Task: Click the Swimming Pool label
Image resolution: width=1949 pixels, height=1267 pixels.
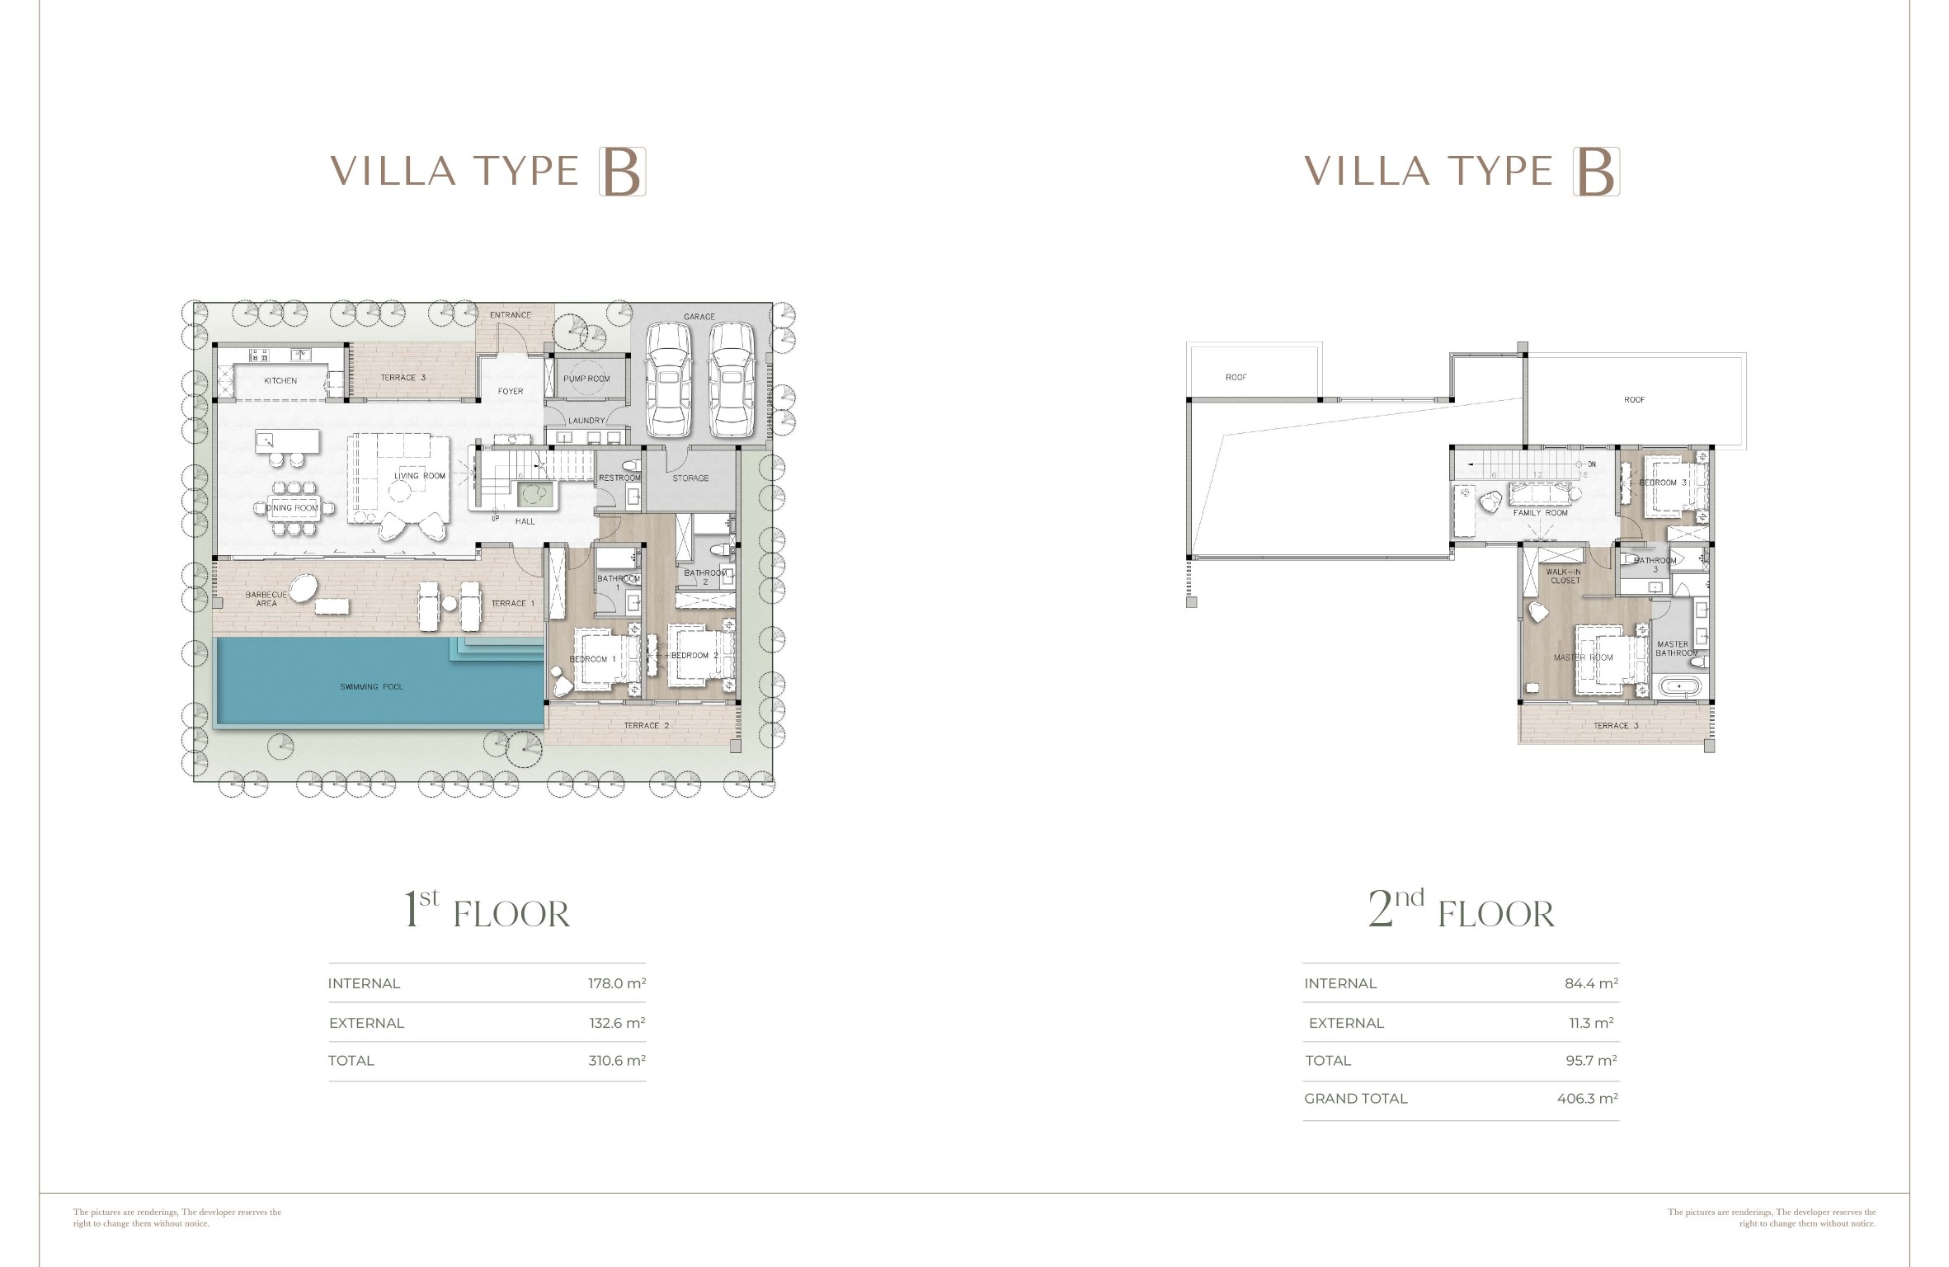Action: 371,687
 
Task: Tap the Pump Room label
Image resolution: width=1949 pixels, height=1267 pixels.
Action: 586,379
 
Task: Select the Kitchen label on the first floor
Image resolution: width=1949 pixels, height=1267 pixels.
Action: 280,381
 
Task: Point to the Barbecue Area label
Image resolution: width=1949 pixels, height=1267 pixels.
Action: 266,599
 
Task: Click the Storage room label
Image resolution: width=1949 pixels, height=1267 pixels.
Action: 690,478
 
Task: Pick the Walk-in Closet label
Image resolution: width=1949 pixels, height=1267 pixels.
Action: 1565,576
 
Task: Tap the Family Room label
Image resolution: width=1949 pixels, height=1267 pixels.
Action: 1540,513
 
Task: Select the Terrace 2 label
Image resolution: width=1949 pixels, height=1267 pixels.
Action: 647,726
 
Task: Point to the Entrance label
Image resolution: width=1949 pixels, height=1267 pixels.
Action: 511,315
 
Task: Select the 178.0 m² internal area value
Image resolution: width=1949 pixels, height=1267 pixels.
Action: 617,983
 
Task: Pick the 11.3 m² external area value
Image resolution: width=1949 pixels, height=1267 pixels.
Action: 1591,1023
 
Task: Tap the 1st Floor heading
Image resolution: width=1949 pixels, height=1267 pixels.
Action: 487,911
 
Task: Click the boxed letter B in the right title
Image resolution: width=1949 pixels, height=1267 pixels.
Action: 1596,172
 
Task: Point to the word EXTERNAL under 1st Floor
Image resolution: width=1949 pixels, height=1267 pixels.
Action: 367,1023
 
